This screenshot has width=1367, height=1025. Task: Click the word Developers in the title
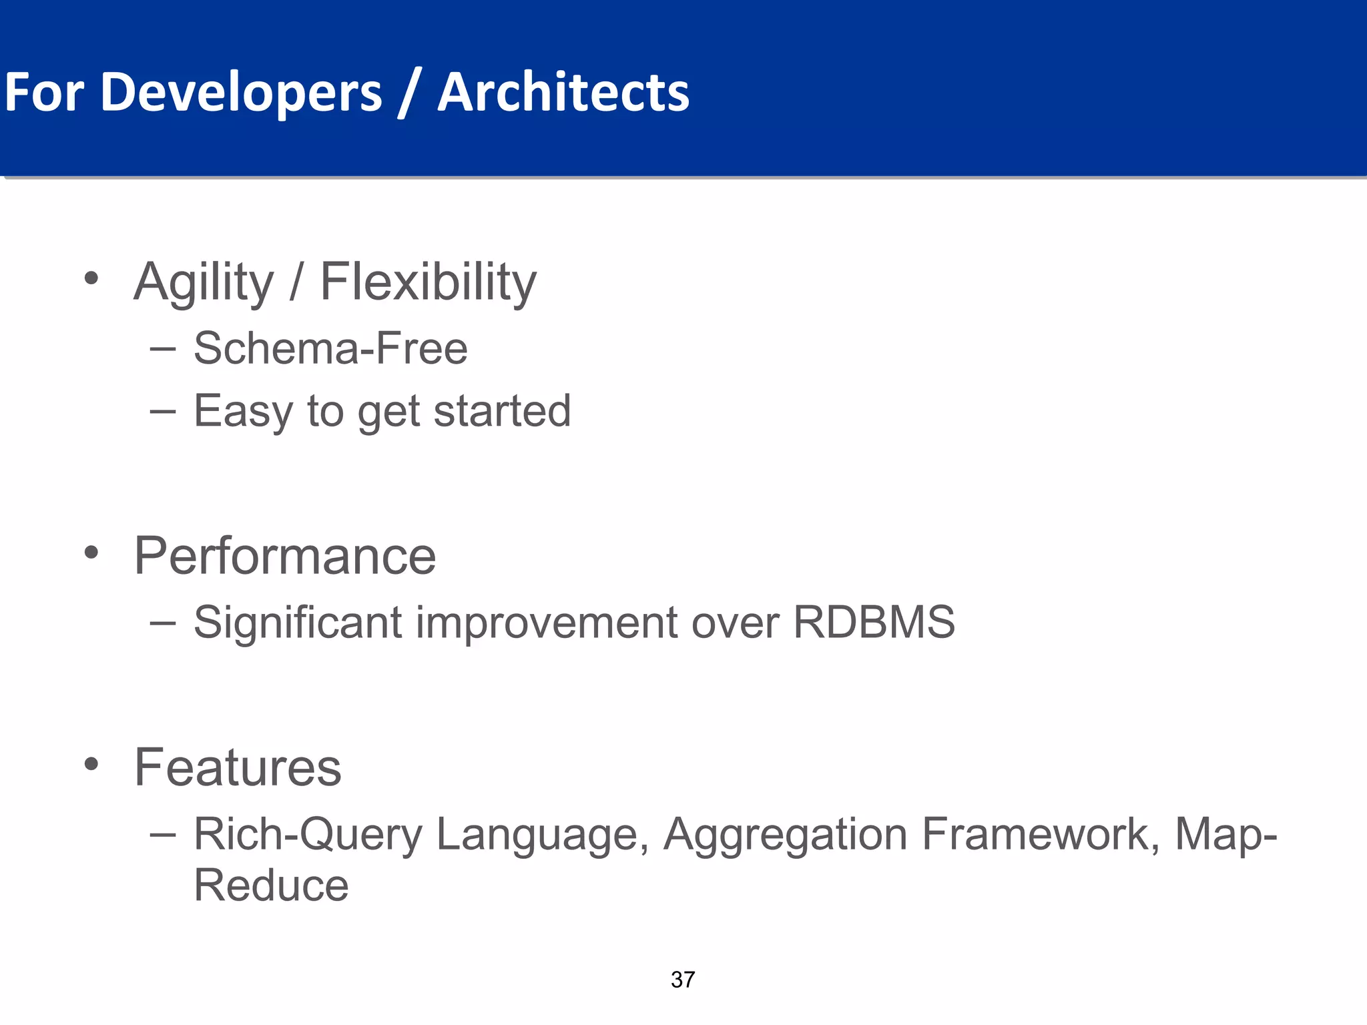tap(241, 92)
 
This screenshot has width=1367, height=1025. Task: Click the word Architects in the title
tap(563, 92)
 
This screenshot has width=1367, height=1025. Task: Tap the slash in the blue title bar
tap(408, 93)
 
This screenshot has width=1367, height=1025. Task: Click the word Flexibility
tap(428, 282)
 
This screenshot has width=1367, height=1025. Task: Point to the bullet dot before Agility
tap(91, 278)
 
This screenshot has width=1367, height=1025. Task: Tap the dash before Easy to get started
tap(163, 411)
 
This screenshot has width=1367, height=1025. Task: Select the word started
tap(502, 410)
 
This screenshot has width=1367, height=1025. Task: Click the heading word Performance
tap(285, 556)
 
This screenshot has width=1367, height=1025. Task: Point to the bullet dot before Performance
tap(91, 553)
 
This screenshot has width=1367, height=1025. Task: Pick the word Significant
tap(298, 622)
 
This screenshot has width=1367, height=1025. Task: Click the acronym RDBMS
tap(874, 622)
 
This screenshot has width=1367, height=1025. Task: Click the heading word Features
tap(238, 767)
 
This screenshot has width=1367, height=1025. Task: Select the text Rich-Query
tap(308, 834)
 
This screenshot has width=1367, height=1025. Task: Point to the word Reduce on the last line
tap(271, 886)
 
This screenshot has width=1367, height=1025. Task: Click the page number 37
tap(683, 980)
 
